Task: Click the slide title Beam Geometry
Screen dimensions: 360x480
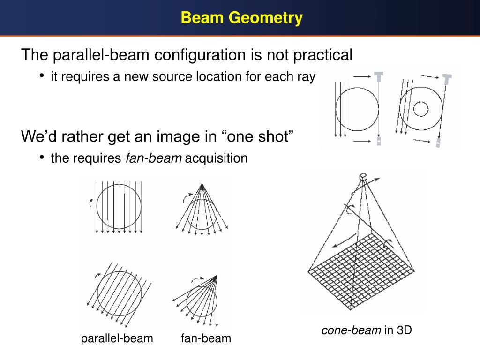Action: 242,18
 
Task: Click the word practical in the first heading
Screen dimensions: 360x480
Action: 322,55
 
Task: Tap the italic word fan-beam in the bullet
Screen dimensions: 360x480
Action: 153,158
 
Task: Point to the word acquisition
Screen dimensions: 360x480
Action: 216,158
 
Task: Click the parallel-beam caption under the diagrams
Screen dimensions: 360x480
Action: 117,338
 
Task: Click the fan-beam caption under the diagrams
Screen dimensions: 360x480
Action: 206,338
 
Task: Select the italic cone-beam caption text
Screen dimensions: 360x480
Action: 351,330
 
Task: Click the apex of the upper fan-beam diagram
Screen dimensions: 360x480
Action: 202,184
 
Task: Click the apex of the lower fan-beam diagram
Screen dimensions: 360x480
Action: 217,275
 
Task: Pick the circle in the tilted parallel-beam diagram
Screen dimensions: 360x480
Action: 120,294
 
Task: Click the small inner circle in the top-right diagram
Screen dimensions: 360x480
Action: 420,109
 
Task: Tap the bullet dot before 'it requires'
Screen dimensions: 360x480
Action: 42,75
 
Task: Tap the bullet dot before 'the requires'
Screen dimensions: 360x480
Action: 42,157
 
